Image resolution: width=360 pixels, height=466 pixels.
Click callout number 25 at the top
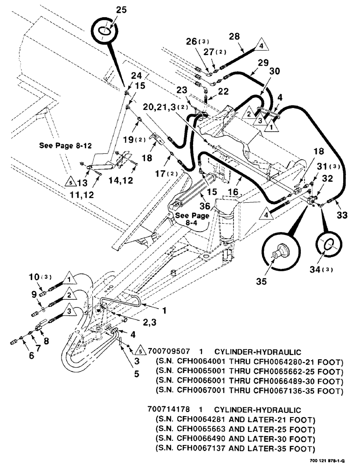click(107, 9)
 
